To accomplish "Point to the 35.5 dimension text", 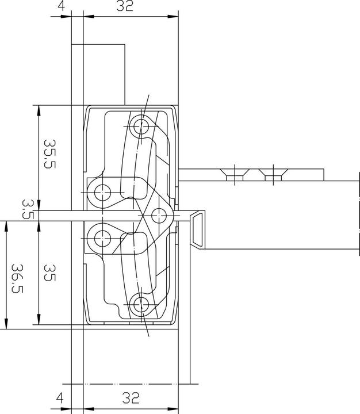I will click(49, 153).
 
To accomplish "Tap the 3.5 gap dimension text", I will click(28, 210).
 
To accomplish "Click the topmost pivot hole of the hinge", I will click(139, 125).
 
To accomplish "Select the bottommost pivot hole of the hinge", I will click(139, 305).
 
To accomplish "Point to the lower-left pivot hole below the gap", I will click(103, 236).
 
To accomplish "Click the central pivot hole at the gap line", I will click(159, 214).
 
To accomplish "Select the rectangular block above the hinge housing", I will click(98, 75).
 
